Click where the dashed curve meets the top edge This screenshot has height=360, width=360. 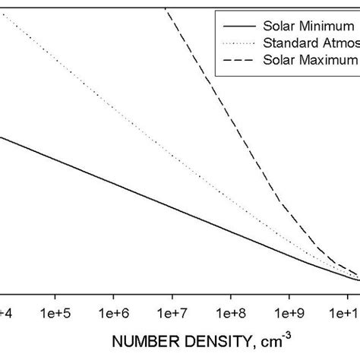(166, 8)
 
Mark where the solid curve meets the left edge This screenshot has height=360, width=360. (2, 137)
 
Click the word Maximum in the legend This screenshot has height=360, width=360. (331, 58)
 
